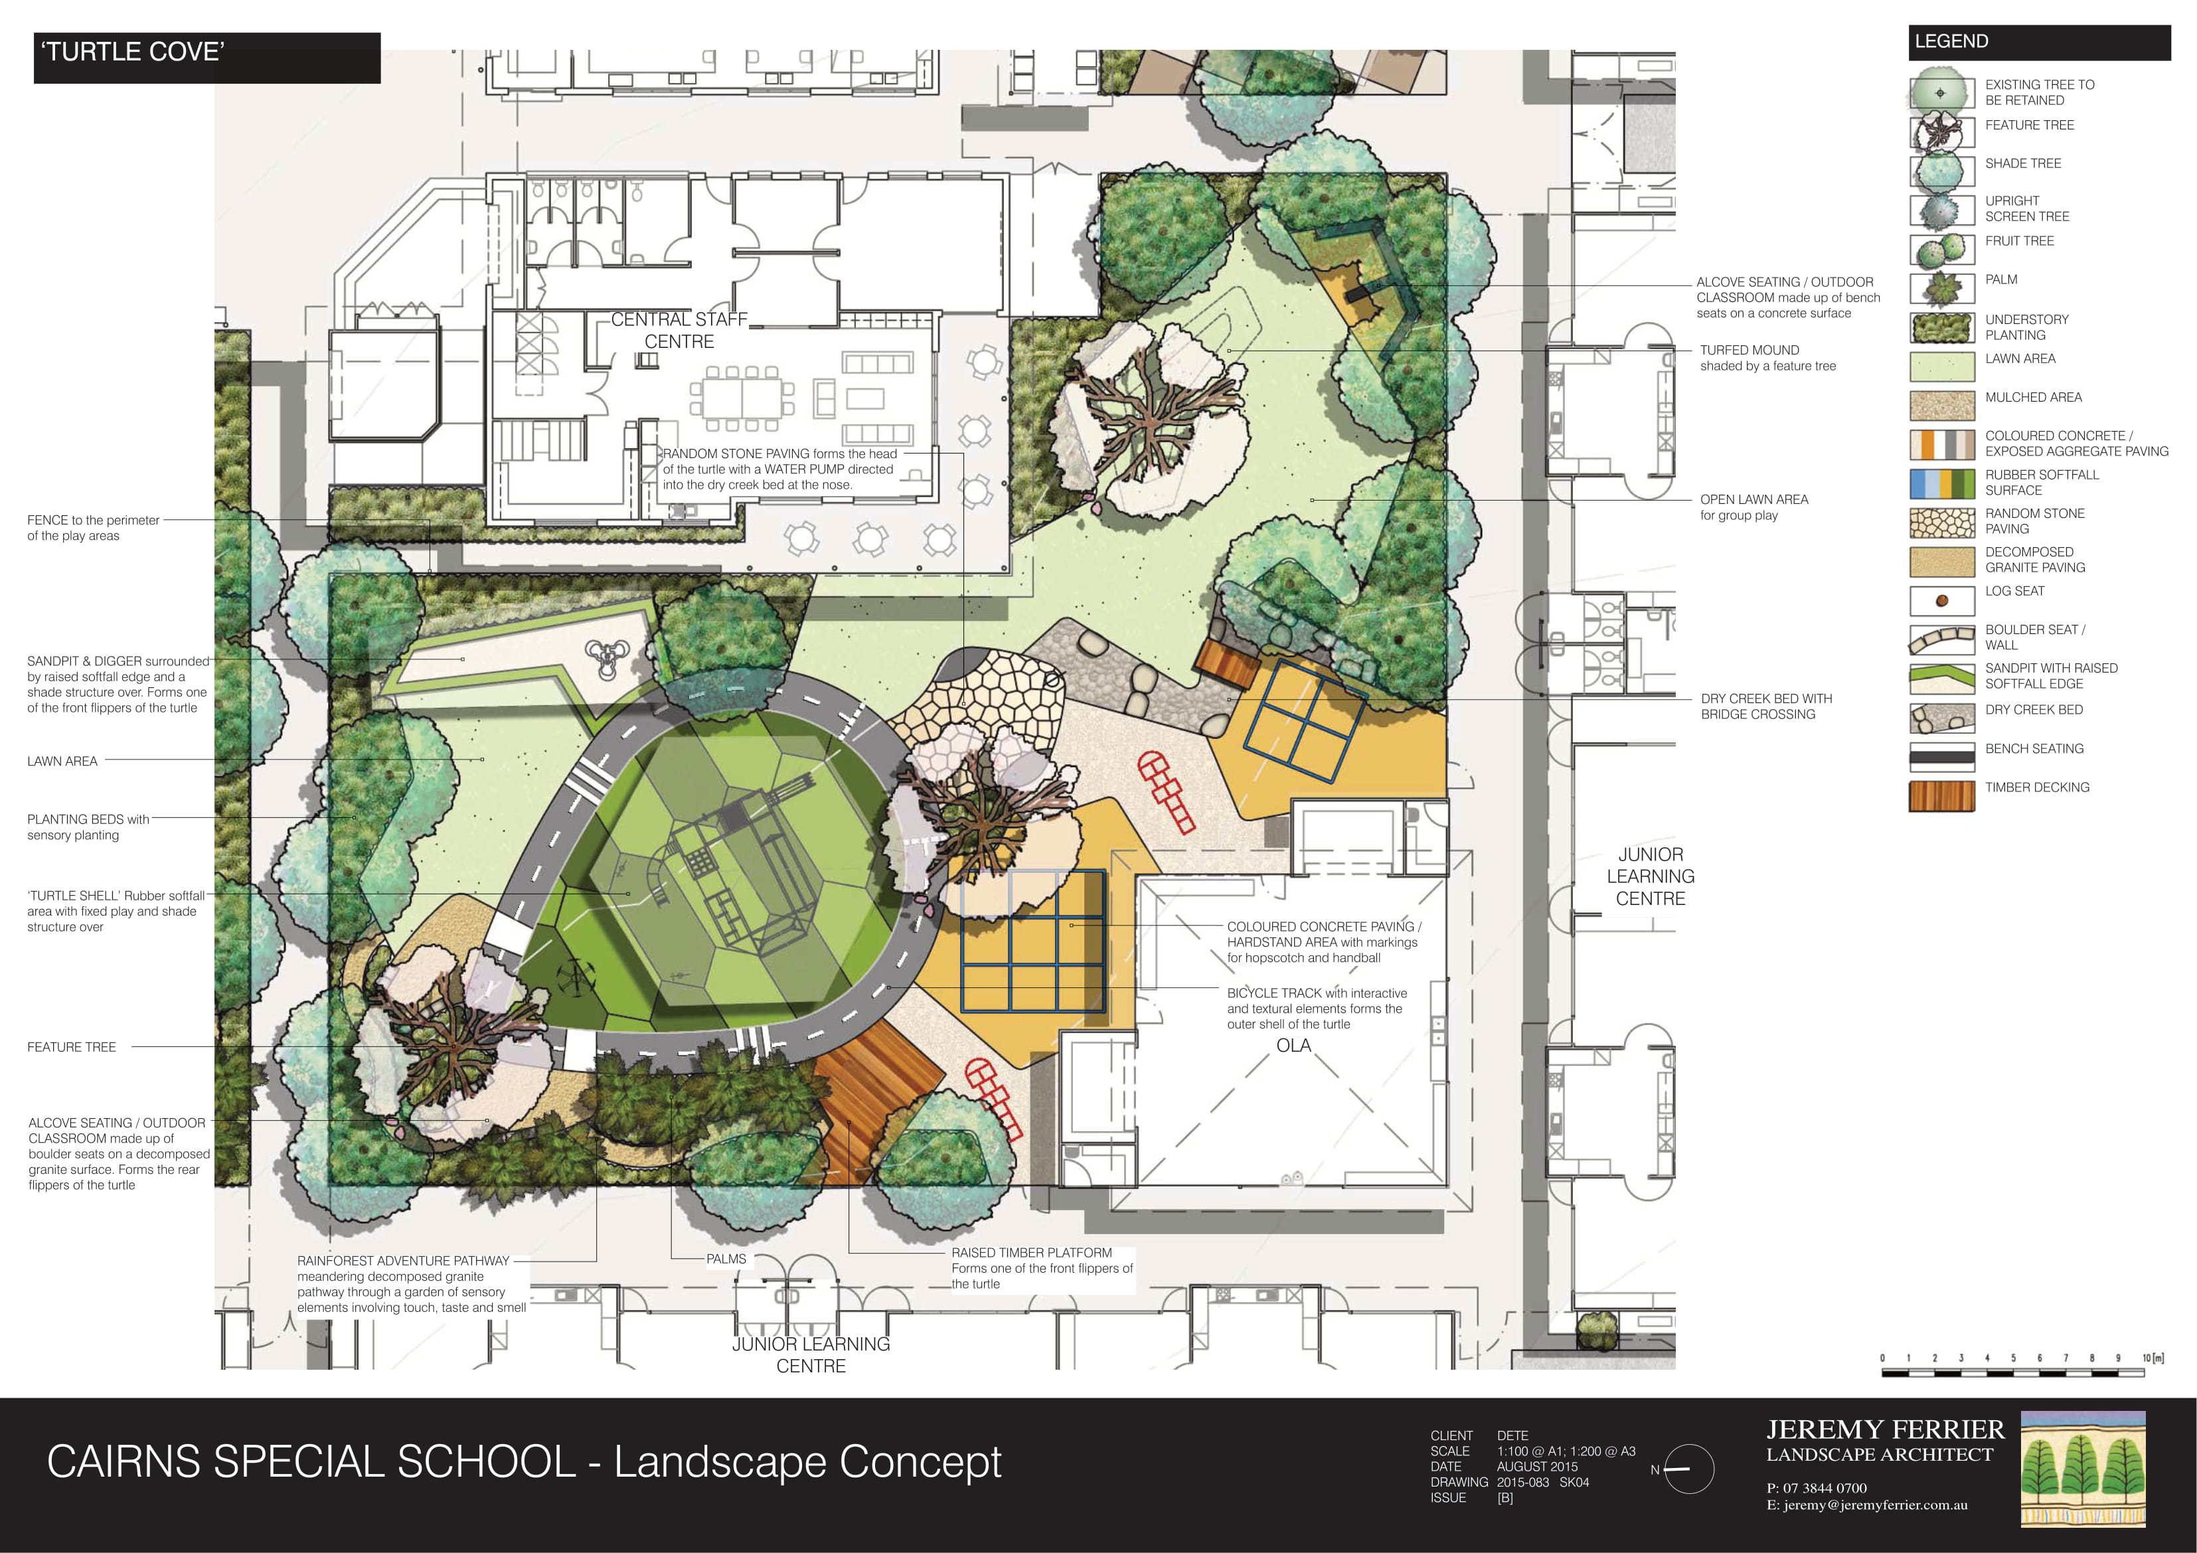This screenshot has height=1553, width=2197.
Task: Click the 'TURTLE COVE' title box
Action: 206,57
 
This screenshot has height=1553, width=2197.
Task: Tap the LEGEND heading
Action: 2039,42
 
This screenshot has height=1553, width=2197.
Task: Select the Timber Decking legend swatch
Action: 1941,796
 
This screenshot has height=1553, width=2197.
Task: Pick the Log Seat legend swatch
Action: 1941,601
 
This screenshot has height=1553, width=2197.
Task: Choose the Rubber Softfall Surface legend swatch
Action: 1941,484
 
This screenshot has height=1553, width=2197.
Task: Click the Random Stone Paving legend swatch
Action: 1941,523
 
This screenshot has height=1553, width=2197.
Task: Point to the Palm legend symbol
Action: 1941,287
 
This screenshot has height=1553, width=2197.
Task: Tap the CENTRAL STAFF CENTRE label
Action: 679,330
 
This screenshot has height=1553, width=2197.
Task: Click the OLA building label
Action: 1294,1046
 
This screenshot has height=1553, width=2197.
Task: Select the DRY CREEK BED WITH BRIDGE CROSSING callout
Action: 1766,706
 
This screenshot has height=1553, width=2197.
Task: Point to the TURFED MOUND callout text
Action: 1767,358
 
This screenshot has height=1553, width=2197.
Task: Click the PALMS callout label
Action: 726,1260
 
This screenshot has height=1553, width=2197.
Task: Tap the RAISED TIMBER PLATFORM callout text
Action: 1042,1268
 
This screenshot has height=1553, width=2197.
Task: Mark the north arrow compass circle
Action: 1689,1469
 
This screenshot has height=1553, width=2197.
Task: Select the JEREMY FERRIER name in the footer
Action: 1885,1430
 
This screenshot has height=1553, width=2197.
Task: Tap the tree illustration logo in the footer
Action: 2083,1469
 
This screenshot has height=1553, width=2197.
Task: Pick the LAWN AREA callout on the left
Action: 62,762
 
